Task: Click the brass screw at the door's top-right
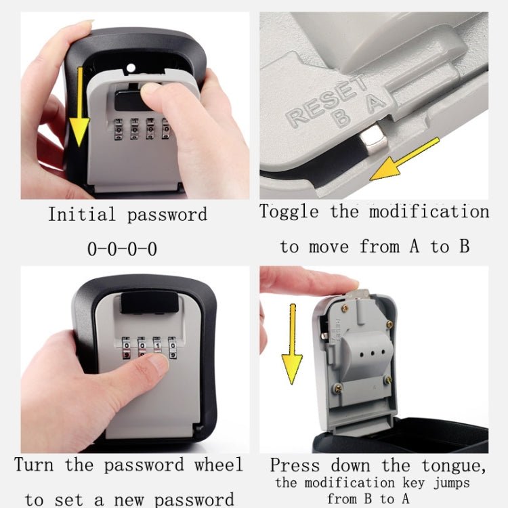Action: coord(389,324)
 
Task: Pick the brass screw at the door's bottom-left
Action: coord(337,388)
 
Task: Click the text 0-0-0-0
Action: coord(122,249)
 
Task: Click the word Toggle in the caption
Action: coord(289,211)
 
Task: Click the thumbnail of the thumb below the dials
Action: coord(160,364)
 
